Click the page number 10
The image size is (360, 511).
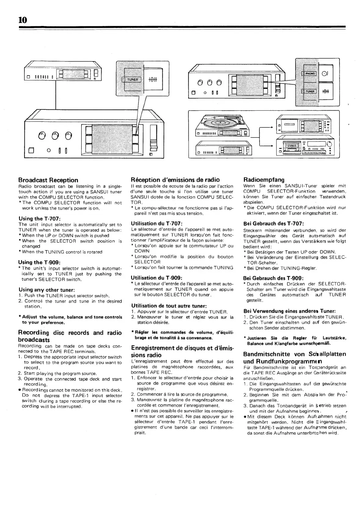pyautogui.click(x=23, y=20)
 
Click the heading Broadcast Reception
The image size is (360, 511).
pyautogui.click(x=48, y=180)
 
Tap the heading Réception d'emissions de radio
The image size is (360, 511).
pyautogui.click(x=175, y=180)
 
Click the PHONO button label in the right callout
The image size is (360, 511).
pyautogui.click(x=310, y=74)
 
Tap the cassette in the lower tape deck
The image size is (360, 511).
pyautogui.click(x=291, y=147)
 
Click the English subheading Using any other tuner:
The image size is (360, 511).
pyautogui.click(x=47, y=289)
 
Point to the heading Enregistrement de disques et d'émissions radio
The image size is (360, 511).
pyautogui.click(x=182, y=351)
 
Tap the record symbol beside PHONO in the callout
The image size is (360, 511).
pyautogui.click(x=325, y=74)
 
